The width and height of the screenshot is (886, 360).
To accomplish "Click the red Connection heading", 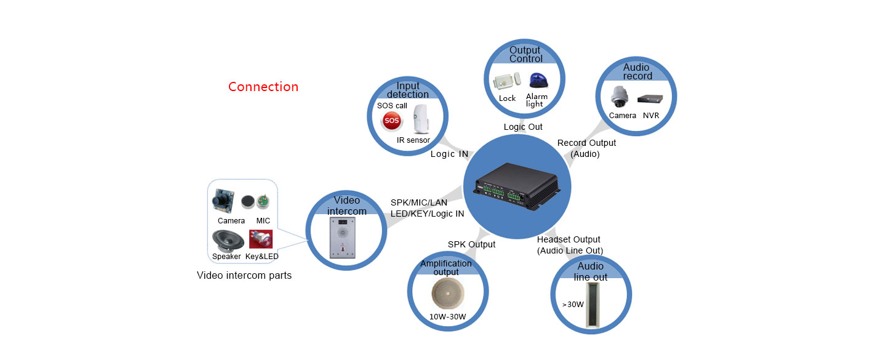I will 263,87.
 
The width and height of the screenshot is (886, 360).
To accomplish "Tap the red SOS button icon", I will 391,121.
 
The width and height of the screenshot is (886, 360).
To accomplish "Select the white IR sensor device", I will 420,119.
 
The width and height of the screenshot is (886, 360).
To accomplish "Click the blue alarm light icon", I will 536,82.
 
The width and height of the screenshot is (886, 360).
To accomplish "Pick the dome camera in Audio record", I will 618,97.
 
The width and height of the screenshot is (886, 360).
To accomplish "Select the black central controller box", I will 517,185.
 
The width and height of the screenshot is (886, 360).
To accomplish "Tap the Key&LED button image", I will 260,238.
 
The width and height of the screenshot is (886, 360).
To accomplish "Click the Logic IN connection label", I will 449,154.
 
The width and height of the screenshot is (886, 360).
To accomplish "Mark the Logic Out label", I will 523,127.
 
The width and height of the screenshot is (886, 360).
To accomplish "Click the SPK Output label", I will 471,244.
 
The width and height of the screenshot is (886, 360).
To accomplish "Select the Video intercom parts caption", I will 244,275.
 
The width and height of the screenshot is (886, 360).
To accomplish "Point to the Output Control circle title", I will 525,54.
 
